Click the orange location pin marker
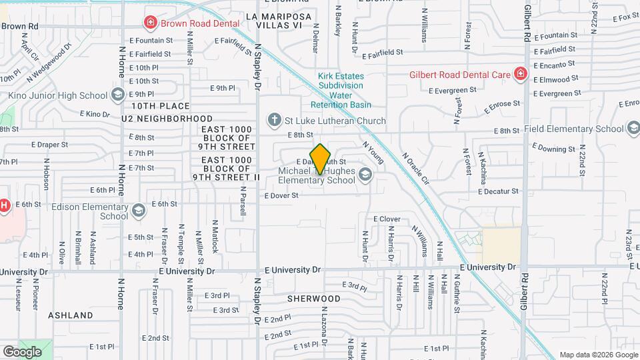click(x=320, y=159)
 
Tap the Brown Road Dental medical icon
click(x=151, y=23)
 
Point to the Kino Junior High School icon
click(x=118, y=95)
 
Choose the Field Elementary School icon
click(x=634, y=128)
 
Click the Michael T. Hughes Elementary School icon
click(x=365, y=175)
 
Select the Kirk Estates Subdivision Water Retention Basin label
click(x=341, y=91)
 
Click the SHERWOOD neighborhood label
click(x=314, y=299)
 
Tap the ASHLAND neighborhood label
click(x=71, y=315)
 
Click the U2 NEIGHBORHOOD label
click(x=167, y=118)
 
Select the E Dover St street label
click(x=281, y=196)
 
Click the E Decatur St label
click(x=498, y=191)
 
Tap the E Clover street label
click(x=387, y=219)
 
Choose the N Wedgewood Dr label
click(x=49, y=63)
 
